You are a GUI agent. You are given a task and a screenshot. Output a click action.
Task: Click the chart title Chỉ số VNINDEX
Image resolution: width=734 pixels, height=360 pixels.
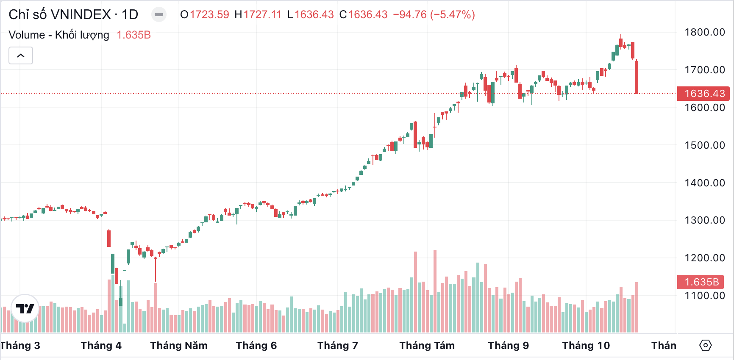coord(59,15)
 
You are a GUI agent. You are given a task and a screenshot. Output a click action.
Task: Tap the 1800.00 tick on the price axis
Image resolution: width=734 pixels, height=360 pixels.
coord(704,32)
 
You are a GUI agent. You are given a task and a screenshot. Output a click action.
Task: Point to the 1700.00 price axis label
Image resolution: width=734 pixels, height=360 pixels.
coord(704,70)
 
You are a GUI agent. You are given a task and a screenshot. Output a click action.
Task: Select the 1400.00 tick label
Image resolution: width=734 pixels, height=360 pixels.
coord(704,183)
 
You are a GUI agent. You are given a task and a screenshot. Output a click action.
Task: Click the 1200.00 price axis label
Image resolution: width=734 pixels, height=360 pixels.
coord(704,258)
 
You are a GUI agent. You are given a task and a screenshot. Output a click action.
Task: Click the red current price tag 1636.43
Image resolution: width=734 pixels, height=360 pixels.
coord(703,94)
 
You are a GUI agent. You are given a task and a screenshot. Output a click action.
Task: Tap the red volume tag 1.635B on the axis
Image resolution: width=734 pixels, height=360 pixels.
coord(701,282)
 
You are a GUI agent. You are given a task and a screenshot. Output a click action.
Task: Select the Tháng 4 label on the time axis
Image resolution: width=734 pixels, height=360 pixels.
coord(101,346)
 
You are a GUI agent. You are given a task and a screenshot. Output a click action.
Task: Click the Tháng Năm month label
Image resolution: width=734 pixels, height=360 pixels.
coord(179,346)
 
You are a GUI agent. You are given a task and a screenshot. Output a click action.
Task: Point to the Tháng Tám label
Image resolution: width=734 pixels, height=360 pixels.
coord(427,346)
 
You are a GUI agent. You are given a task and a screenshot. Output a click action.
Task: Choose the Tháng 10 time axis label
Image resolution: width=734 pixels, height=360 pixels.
coord(586,346)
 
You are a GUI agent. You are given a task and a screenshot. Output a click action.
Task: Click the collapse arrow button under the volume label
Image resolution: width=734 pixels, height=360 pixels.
coord(21,55)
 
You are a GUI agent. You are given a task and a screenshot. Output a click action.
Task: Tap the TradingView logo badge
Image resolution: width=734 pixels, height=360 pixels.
coord(25,308)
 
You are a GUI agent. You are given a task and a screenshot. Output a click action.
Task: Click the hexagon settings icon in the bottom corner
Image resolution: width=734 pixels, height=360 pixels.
coord(705,345)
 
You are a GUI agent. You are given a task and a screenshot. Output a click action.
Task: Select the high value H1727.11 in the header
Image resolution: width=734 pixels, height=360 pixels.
coord(258,15)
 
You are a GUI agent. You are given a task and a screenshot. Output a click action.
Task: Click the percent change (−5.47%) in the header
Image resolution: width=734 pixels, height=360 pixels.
coord(452,15)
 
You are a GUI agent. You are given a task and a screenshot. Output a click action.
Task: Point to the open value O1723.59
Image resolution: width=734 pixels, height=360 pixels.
coord(205,15)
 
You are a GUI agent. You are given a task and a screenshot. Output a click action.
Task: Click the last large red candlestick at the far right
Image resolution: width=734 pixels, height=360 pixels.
coord(637,77)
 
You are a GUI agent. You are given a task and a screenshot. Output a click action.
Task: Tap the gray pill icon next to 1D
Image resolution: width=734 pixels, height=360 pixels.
coord(159,15)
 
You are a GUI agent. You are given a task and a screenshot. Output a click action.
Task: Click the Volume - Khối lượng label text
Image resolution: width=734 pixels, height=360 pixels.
coord(59,35)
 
